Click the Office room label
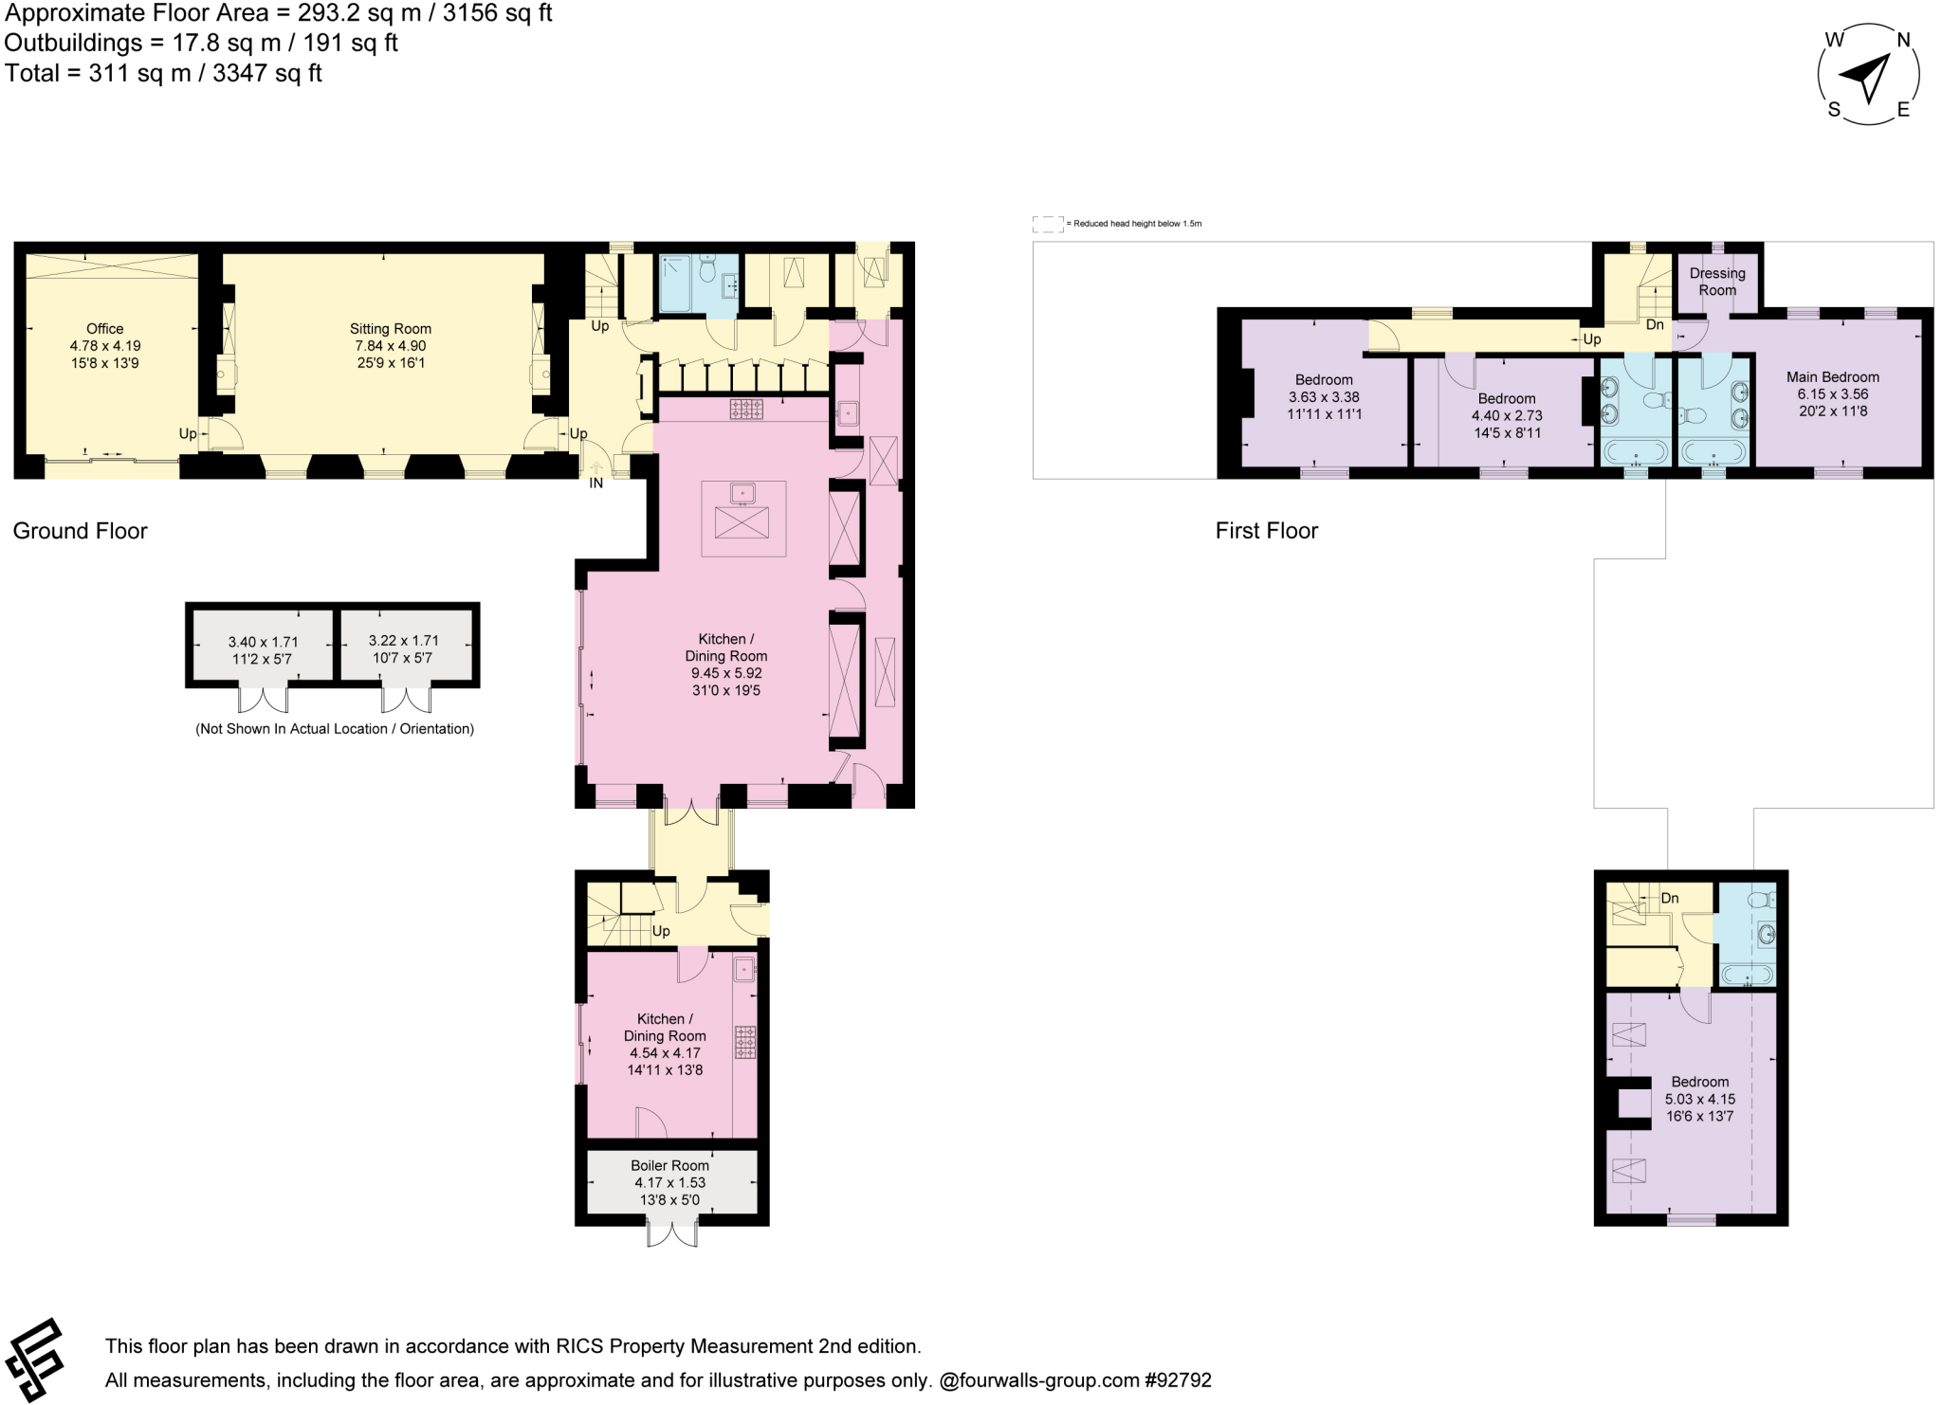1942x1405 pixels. [104, 329]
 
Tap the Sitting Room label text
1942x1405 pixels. [390, 329]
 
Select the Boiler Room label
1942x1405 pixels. [669, 1165]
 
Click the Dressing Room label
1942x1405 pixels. [1716, 282]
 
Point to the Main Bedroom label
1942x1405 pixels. [1832, 376]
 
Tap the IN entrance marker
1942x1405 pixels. [595, 483]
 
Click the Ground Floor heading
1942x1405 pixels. [80, 531]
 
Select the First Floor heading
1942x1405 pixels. [1266, 531]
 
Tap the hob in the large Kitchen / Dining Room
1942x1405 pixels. [746, 409]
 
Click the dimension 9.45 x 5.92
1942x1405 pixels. [726, 673]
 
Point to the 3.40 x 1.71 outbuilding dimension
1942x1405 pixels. [263, 642]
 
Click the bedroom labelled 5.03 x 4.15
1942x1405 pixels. [1699, 1099]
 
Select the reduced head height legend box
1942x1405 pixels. [1047, 224]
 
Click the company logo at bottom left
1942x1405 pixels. [34, 1359]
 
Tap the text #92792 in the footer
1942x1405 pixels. [1178, 1380]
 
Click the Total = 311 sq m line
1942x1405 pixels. [163, 73]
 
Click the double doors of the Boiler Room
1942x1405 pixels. [671, 1234]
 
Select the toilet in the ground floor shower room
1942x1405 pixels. [705, 271]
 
